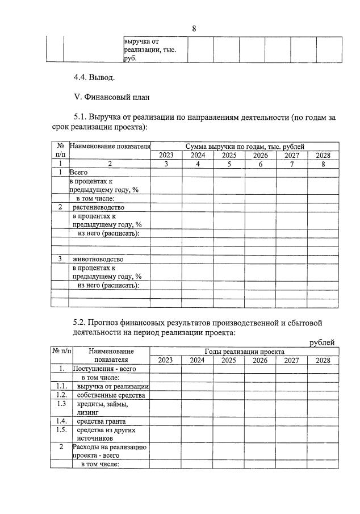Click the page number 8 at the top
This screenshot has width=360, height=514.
(194, 29)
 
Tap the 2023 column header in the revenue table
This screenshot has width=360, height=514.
(166, 155)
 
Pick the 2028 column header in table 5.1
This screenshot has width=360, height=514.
(323, 155)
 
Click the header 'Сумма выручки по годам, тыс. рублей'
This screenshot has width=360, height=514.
(244, 147)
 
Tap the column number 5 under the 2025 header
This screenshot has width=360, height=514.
(229, 164)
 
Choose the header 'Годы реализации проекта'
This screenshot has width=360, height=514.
(244, 352)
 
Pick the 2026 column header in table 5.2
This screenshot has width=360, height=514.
(260, 360)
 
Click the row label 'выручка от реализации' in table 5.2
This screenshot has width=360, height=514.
(113, 386)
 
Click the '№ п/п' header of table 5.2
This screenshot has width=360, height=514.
(61, 352)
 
